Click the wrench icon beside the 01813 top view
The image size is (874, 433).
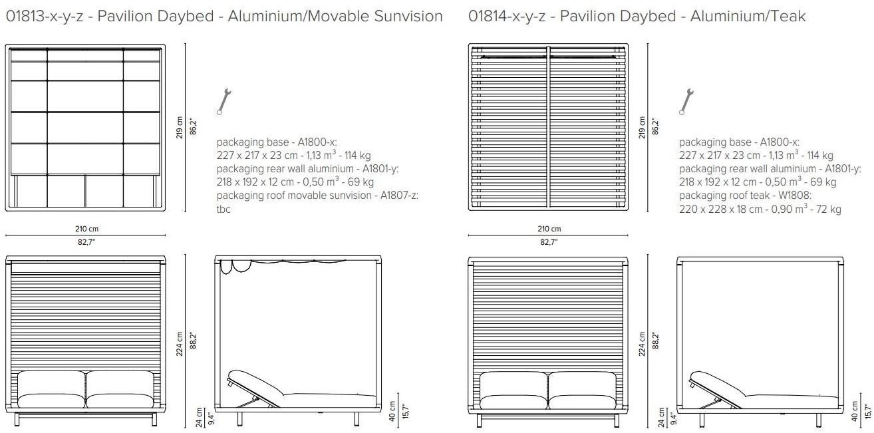(x=224, y=102)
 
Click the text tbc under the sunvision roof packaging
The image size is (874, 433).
(x=224, y=209)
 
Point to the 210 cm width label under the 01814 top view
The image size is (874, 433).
(x=548, y=229)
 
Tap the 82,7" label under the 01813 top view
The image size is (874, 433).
(x=85, y=242)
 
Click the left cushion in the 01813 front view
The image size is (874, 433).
(x=51, y=390)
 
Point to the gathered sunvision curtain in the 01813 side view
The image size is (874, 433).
(x=236, y=265)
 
